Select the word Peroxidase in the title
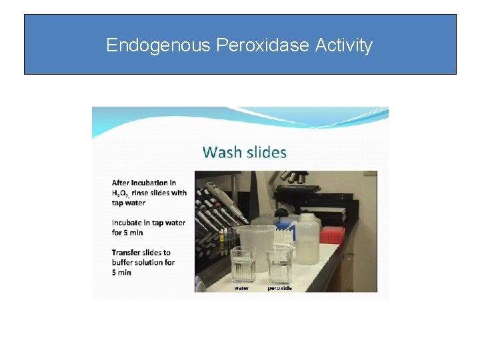[263, 45]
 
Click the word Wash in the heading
[222, 152]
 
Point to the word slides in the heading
[267, 152]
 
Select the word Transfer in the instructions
[127, 253]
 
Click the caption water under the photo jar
[242, 288]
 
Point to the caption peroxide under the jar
[279, 288]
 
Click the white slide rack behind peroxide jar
[285, 234]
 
